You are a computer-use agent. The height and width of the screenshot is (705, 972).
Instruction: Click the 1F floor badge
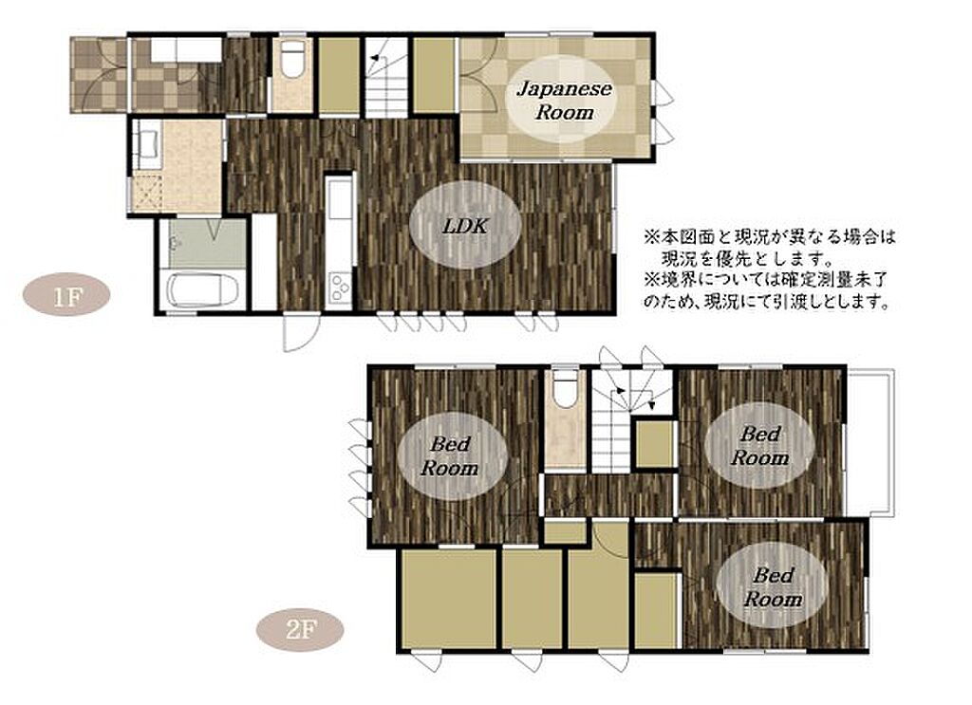[x=66, y=295]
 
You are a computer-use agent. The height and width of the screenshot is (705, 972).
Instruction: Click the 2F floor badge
[x=301, y=630]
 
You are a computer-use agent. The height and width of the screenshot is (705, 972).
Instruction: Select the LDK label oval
[x=465, y=226]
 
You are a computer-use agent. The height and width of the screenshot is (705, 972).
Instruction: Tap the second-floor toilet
[x=564, y=389]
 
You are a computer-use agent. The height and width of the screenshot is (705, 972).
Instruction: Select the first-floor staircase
[x=385, y=78]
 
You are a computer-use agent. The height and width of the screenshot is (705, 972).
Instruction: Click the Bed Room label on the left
[x=451, y=456]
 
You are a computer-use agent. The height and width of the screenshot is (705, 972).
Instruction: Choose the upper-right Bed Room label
[x=759, y=446]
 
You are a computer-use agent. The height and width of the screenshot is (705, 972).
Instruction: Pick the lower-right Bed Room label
[x=773, y=586]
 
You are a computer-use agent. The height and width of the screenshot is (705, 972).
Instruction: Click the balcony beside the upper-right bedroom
[x=870, y=442]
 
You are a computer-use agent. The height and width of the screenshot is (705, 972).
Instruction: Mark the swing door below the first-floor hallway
[x=299, y=333]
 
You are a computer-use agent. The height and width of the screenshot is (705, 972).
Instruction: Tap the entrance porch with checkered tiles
[x=99, y=76]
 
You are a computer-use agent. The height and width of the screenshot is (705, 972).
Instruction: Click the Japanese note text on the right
[x=770, y=269]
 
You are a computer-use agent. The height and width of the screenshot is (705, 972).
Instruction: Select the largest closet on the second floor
[x=448, y=599]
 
